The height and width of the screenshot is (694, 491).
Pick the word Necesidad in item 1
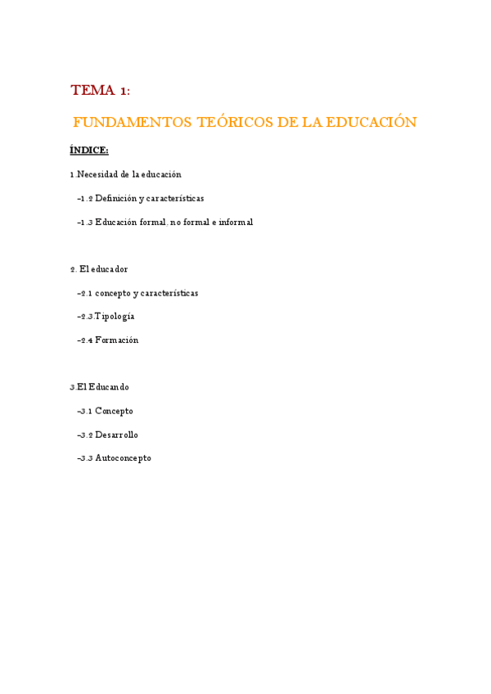click(x=98, y=174)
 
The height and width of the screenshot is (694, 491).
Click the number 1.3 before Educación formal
click(x=85, y=222)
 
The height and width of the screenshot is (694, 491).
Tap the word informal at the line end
click(x=236, y=222)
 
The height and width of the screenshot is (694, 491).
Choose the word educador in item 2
click(x=110, y=269)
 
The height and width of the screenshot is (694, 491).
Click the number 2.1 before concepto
click(x=85, y=293)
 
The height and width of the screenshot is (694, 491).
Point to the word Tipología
click(x=115, y=317)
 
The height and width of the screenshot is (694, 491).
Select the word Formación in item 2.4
click(x=117, y=340)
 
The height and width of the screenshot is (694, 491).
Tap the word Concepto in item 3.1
click(x=114, y=411)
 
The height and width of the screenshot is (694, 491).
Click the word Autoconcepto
click(x=123, y=458)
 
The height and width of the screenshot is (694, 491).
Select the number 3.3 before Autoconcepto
click(x=85, y=458)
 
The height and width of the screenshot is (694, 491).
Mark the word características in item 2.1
click(x=169, y=293)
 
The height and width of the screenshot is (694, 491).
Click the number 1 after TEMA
click(x=124, y=91)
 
